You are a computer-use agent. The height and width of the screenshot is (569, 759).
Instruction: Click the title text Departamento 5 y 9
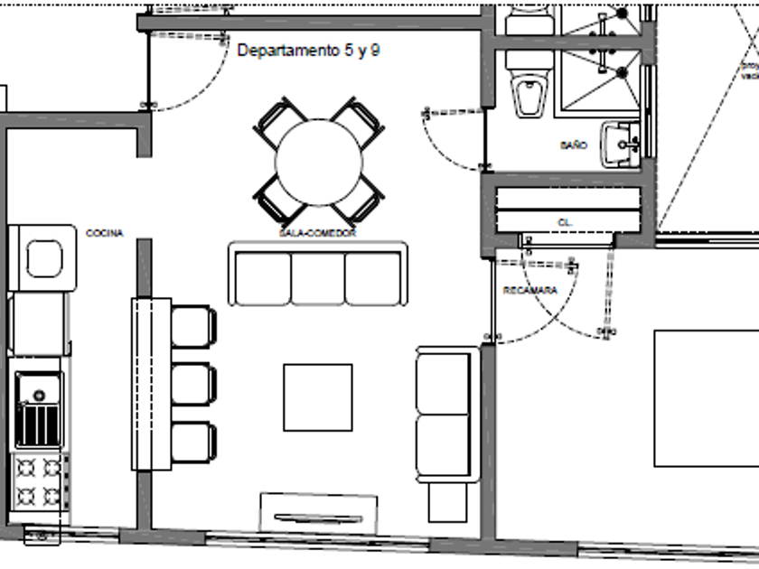[308, 51]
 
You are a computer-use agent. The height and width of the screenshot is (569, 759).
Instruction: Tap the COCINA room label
[104, 234]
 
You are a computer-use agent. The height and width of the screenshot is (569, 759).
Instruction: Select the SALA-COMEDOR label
[317, 233]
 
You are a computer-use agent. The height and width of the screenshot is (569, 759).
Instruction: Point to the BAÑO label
[573, 145]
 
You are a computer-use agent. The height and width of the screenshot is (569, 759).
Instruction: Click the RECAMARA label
[529, 291]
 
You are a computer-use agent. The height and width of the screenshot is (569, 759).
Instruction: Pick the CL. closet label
[566, 221]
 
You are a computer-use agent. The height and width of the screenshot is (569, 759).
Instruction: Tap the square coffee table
[318, 397]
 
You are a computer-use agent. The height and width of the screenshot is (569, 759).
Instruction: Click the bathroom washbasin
[622, 144]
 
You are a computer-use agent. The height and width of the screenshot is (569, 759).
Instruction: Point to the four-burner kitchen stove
[40, 481]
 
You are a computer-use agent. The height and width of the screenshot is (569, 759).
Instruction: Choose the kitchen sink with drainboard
[38, 411]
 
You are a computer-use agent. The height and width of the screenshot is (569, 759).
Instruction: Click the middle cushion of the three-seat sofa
[318, 278]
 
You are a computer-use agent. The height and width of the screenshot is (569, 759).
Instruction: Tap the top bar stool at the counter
[193, 326]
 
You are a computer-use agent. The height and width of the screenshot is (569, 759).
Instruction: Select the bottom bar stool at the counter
[193, 443]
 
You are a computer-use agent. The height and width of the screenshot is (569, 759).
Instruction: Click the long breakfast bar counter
[151, 384]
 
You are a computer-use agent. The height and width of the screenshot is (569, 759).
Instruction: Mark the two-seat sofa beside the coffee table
[444, 414]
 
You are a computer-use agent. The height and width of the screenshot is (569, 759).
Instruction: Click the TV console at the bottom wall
[318, 512]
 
